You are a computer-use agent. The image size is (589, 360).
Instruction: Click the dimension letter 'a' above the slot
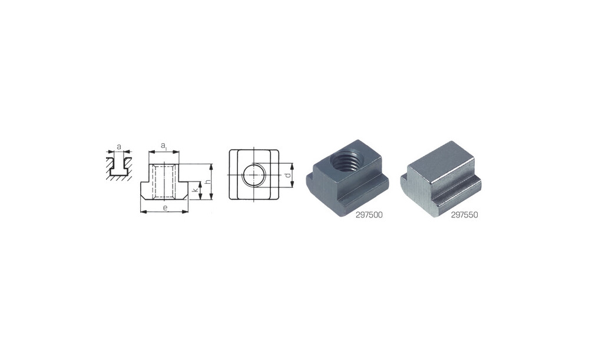[x=119, y=147]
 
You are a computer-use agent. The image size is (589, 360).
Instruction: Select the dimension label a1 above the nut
[x=164, y=146]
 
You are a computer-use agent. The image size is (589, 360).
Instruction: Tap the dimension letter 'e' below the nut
[x=164, y=207]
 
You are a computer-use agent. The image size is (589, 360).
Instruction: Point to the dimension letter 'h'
[x=206, y=182]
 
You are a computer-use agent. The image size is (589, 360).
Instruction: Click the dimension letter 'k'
[x=195, y=191]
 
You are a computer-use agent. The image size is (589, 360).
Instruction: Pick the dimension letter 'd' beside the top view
[x=287, y=176]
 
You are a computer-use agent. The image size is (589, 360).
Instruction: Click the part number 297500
[x=369, y=215]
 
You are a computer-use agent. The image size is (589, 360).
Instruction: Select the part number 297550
[x=464, y=215]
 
